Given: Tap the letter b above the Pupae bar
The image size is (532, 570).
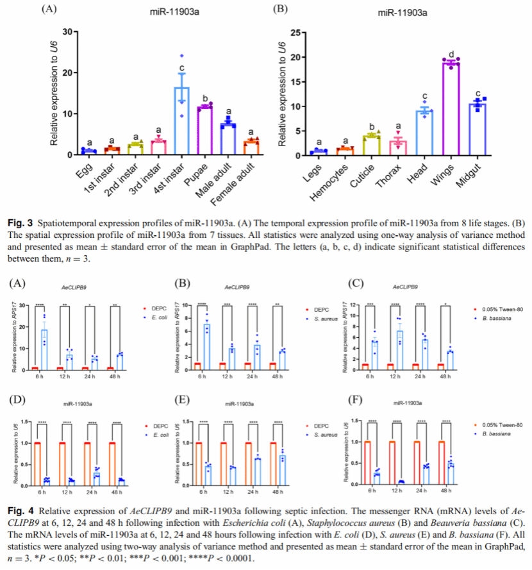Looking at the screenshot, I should click(205, 98).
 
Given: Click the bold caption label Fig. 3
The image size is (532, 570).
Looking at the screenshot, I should click(18, 223).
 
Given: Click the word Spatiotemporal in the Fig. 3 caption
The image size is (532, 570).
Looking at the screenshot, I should click(67, 223).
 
